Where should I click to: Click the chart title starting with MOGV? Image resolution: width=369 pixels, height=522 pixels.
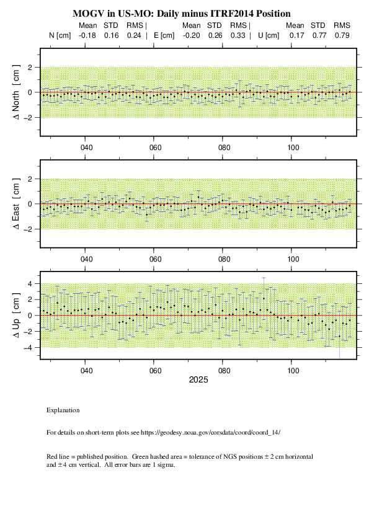(x=182, y=14)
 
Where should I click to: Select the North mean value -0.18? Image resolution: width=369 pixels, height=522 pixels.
(x=87, y=35)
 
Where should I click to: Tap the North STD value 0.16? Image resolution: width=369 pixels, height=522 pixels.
(x=111, y=35)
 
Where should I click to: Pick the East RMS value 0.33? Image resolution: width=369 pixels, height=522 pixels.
(x=238, y=35)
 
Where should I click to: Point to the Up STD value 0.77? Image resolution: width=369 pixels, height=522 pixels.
(x=319, y=35)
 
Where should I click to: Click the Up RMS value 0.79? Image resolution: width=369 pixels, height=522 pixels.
(x=342, y=35)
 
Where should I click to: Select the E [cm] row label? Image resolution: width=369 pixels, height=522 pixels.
(x=164, y=35)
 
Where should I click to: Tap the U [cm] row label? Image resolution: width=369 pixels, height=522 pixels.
(x=269, y=35)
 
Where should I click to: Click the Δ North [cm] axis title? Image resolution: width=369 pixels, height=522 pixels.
(x=16, y=92)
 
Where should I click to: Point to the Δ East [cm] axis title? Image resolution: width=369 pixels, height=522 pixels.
(x=16, y=204)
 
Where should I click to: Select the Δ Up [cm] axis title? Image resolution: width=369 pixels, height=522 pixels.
(x=16, y=316)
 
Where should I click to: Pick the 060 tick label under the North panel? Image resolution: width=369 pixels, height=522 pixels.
(x=155, y=148)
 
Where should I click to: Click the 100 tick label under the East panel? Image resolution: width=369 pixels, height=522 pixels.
(x=293, y=259)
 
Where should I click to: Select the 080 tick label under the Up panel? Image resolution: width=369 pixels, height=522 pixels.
(x=224, y=371)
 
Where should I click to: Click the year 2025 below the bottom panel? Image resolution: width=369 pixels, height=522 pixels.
(x=198, y=380)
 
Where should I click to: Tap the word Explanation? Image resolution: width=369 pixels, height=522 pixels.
(x=63, y=410)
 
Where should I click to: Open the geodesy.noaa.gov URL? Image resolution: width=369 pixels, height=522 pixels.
(x=210, y=433)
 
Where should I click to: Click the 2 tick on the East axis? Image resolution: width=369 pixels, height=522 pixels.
(x=30, y=179)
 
